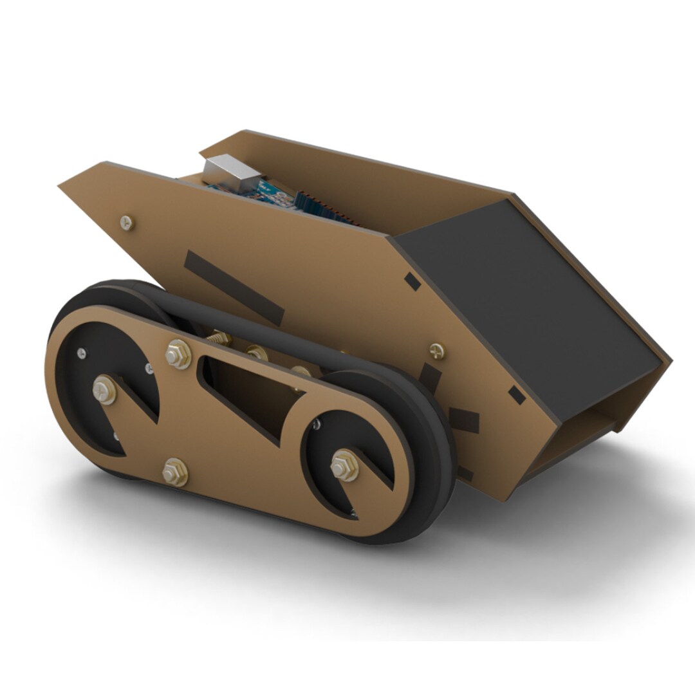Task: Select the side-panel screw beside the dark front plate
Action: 437,351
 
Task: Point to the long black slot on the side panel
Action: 234,287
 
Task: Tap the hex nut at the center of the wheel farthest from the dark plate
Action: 104,389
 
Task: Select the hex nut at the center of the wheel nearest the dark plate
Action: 345,465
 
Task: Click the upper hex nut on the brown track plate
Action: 178,354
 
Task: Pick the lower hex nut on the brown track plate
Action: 175,472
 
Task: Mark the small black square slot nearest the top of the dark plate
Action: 412,281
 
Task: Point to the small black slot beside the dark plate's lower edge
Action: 517,395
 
